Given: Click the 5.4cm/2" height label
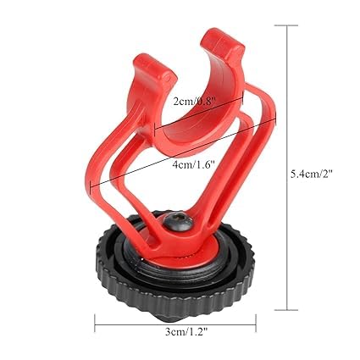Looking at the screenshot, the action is pyautogui.click(x=313, y=174).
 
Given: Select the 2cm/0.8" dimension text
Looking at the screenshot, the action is pyautogui.click(x=194, y=102).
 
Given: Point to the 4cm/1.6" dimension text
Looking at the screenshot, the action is pyautogui.click(x=194, y=164).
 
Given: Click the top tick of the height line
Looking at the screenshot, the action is pyautogui.click(x=286, y=25).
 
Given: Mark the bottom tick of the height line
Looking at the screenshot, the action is pyautogui.click(x=286, y=310).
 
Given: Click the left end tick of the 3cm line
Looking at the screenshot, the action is pyautogui.click(x=95, y=324).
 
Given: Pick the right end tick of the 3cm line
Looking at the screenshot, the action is pyautogui.click(x=256, y=324).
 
